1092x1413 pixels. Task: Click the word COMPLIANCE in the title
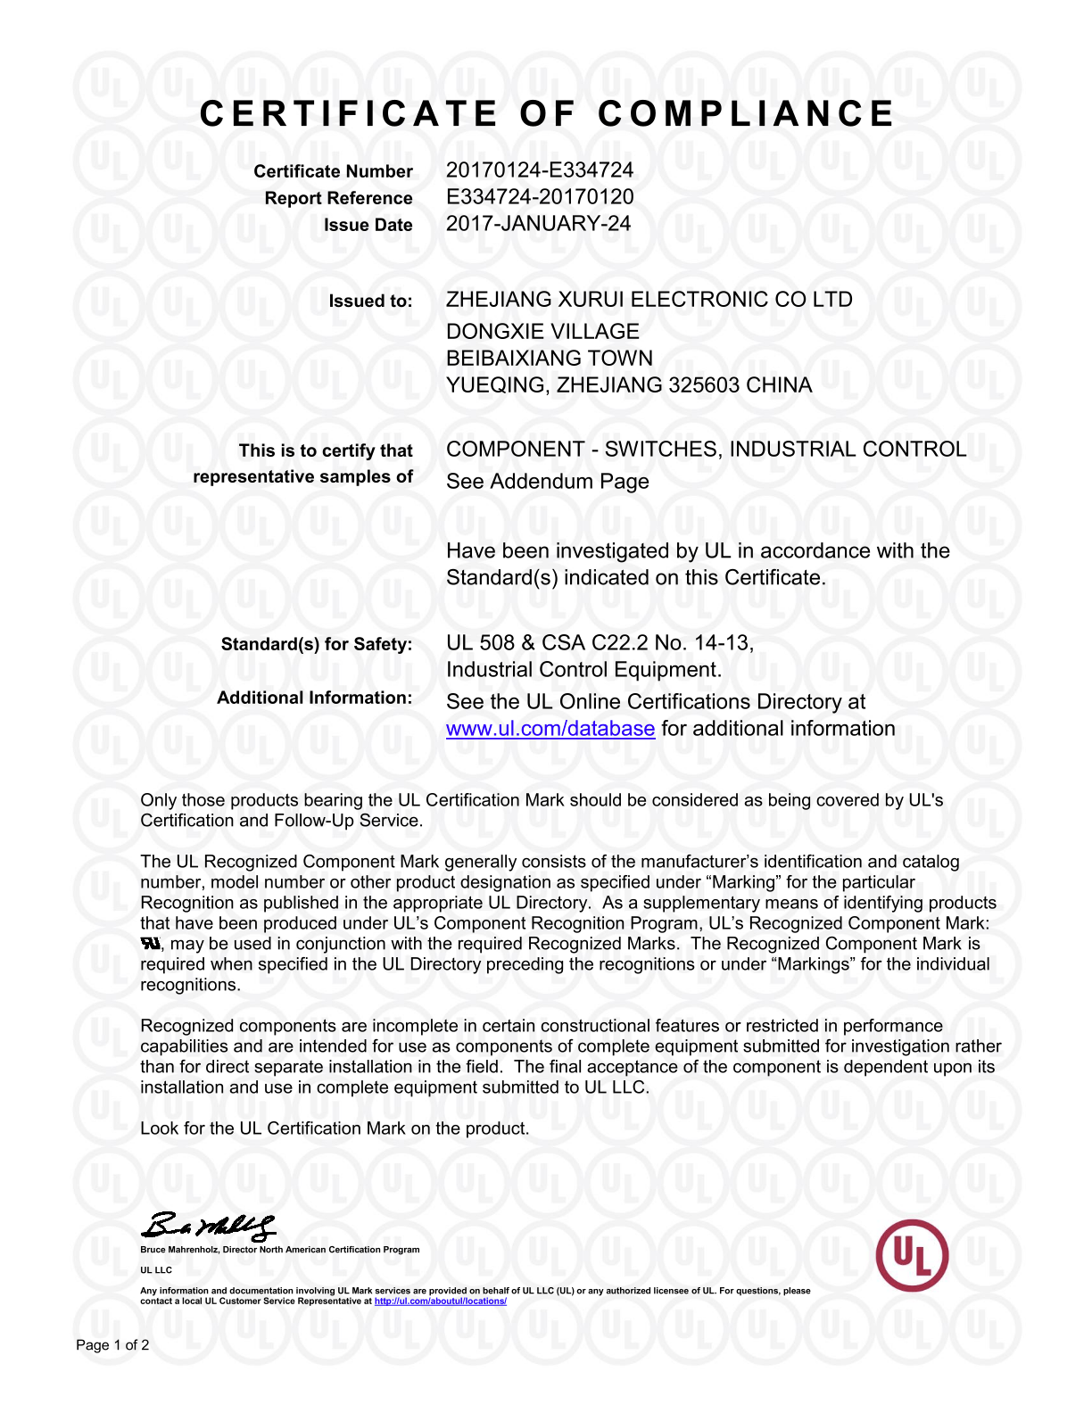[746, 114]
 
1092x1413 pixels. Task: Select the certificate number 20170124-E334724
[540, 170]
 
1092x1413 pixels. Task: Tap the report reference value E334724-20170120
[540, 197]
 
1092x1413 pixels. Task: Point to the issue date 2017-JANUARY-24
[538, 224]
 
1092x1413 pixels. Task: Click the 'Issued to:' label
[370, 302]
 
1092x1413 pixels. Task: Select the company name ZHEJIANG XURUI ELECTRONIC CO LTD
[649, 300]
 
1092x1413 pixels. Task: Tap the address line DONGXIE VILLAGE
[542, 332]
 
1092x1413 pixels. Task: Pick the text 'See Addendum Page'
[547, 482]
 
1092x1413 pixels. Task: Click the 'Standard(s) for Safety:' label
[317, 644]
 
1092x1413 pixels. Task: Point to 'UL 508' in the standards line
[480, 643]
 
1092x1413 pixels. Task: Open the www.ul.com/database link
[550, 729]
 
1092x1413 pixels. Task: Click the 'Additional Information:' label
[314, 698]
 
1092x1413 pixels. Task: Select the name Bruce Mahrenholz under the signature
[178, 1250]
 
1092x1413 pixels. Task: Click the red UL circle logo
[912, 1255]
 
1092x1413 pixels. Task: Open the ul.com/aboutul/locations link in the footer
[440, 1301]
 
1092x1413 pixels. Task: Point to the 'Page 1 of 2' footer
[112, 1345]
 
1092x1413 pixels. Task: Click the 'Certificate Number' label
[333, 171]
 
